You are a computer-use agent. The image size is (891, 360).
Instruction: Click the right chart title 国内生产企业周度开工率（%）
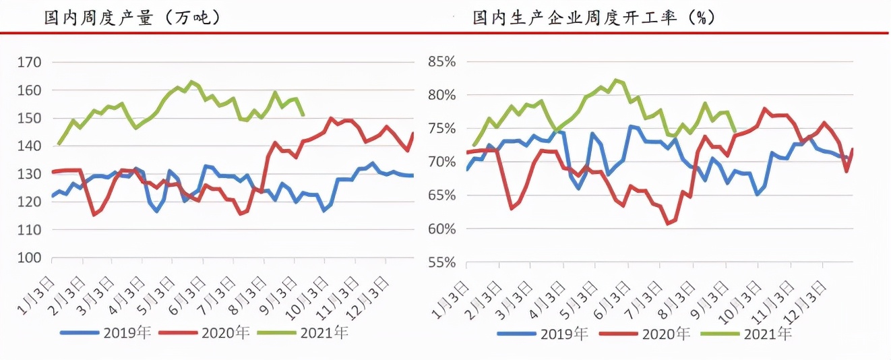coord(594,18)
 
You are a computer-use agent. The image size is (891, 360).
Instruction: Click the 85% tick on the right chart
coord(442,62)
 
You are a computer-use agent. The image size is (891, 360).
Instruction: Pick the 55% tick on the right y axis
coord(442,262)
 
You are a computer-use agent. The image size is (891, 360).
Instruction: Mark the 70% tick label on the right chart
coord(442,162)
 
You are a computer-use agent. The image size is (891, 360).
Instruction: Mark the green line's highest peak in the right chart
coord(616,80)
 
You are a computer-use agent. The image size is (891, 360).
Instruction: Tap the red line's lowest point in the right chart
coord(668,223)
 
